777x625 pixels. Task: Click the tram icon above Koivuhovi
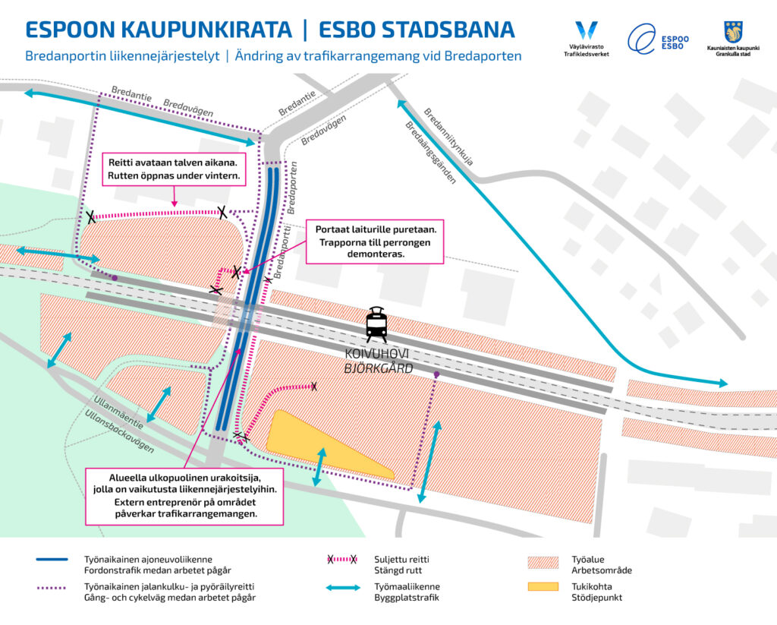pos(377,325)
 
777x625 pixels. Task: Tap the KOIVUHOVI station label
pos(377,355)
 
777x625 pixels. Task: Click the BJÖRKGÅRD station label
pos(377,369)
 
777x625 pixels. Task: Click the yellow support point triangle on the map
pos(319,444)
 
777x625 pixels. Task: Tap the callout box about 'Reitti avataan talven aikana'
pos(175,169)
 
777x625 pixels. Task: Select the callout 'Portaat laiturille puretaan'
pos(374,241)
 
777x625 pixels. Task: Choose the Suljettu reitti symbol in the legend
pos(341,560)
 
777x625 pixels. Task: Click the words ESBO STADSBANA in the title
pos(417,30)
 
